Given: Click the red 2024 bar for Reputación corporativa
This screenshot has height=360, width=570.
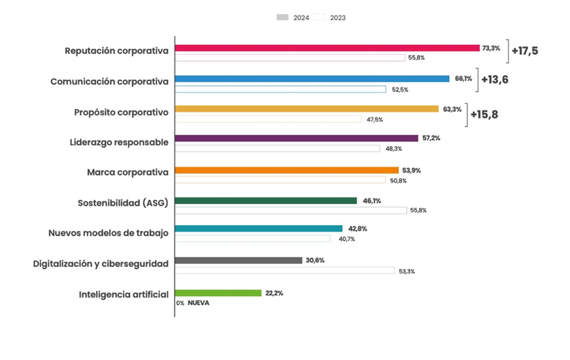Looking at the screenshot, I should click(x=327, y=48).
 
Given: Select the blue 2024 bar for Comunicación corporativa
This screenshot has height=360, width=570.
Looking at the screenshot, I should click(x=312, y=79).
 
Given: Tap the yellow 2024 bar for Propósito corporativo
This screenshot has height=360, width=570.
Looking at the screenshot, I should click(x=307, y=109).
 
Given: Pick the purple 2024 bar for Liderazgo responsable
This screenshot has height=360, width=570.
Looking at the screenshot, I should click(x=297, y=139).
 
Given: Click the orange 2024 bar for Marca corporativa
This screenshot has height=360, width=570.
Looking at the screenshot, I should click(x=286, y=170).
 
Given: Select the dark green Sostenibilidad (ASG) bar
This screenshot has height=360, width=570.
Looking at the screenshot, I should click(x=266, y=201).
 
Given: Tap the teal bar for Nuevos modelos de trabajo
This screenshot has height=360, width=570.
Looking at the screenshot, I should click(x=258, y=229).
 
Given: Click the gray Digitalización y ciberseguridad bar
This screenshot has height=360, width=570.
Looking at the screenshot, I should click(x=238, y=260).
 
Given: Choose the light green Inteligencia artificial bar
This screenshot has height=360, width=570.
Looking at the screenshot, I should click(x=218, y=293).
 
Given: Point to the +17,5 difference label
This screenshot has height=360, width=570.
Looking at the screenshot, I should click(x=525, y=51).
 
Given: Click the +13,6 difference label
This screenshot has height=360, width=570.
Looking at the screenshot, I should click(x=494, y=79).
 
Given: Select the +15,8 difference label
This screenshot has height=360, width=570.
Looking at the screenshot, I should click(x=484, y=114).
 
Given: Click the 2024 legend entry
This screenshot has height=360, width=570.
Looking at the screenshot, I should click(x=293, y=17).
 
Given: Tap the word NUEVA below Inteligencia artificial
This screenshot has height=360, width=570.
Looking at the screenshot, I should click(x=198, y=303).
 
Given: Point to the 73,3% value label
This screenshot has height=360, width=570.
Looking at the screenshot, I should click(x=491, y=48).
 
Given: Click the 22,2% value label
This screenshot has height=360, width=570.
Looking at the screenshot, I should click(x=274, y=293).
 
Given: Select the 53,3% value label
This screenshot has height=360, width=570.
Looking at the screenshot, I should click(x=406, y=271).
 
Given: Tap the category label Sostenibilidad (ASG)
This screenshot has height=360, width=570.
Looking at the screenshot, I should click(x=123, y=203).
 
